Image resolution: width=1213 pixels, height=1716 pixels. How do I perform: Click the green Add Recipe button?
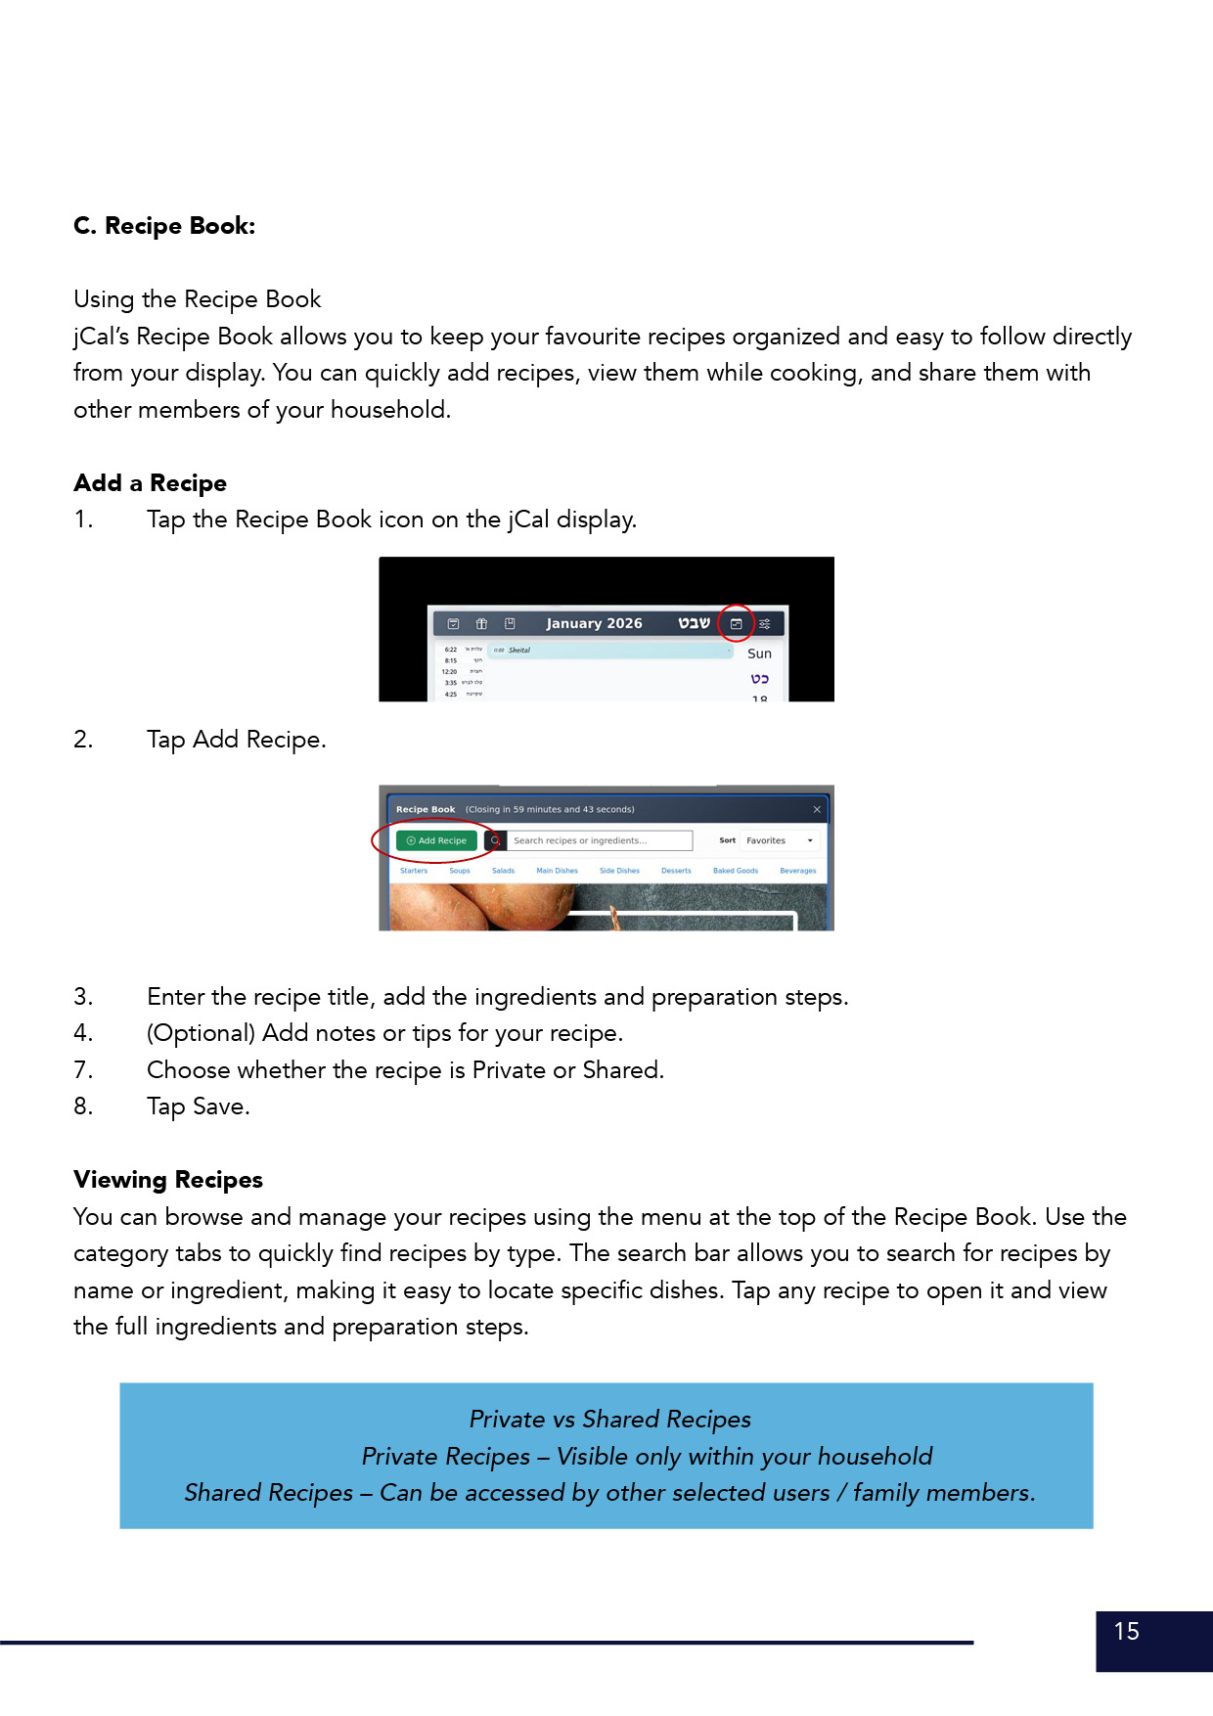click(x=436, y=840)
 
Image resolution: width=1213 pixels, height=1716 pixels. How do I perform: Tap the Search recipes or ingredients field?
click(x=599, y=840)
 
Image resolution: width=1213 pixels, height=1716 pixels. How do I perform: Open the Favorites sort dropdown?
click(x=780, y=840)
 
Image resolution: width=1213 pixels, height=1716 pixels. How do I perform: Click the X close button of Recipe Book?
click(x=817, y=809)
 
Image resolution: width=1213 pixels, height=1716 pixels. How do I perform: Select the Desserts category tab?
click(x=676, y=871)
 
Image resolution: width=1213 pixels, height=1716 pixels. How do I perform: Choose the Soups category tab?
click(x=460, y=871)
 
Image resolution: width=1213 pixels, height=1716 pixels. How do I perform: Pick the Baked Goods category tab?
click(x=736, y=871)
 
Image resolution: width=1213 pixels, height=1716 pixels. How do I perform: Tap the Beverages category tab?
click(x=798, y=871)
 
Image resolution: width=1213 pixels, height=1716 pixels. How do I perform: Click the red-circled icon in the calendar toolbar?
click(x=737, y=623)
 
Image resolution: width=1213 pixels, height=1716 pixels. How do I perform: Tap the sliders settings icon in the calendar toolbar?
click(x=765, y=623)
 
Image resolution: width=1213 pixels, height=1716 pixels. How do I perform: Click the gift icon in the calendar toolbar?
click(x=481, y=623)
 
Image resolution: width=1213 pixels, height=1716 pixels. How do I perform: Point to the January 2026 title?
click(x=594, y=623)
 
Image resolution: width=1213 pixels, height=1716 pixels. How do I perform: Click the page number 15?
click(x=1127, y=1631)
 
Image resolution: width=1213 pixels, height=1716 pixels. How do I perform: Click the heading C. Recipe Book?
click(x=164, y=226)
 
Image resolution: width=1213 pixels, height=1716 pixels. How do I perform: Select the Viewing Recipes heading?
click(x=168, y=1180)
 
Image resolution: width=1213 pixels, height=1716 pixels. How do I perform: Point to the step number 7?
click(x=83, y=1070)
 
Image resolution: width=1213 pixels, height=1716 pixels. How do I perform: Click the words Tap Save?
click(x=199, y=1106)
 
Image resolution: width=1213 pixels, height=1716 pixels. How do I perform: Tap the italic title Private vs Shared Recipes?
click(x=610, y=1420)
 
